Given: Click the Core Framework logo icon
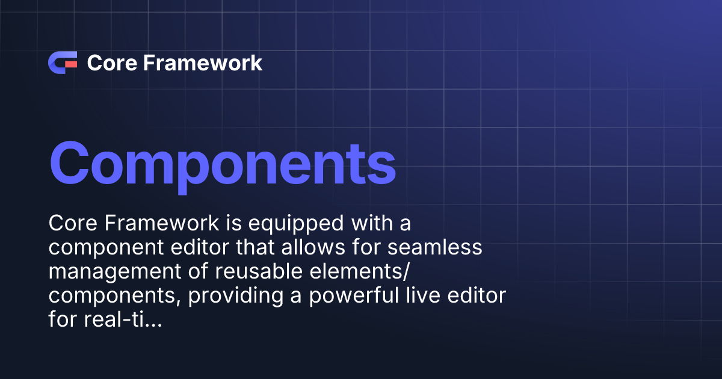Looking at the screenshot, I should pos(63,63).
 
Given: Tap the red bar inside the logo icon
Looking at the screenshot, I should pos(70,63).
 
